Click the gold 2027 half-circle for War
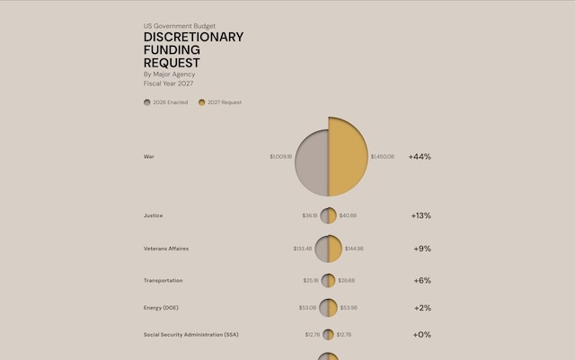click(x=349, y=157)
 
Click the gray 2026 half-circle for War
click(x=311, y=162)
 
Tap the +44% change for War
click(x=420, y=156)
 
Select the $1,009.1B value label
click(x=280, y=157)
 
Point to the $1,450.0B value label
click(x=382, y=157)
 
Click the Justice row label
click(x=153, y=215)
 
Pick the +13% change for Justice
click(x=420, y=215)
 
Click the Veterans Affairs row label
click(x=166, y=249)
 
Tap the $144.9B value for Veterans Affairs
click(x=354, y=249)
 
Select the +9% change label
click(x=422, y=249)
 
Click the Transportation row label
click(x=163, y=280)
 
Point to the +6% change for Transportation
click(x=422, y=280)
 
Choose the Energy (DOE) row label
click(x=162, y=308)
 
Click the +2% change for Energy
click(x=422, y=308)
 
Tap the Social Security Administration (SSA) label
click(x=190, y=335)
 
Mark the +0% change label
click(x=422, y=335)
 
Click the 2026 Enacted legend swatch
click(x=147, y=102)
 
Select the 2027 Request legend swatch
click(x=202, y=102)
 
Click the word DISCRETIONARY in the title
click(x=192, y=38)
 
